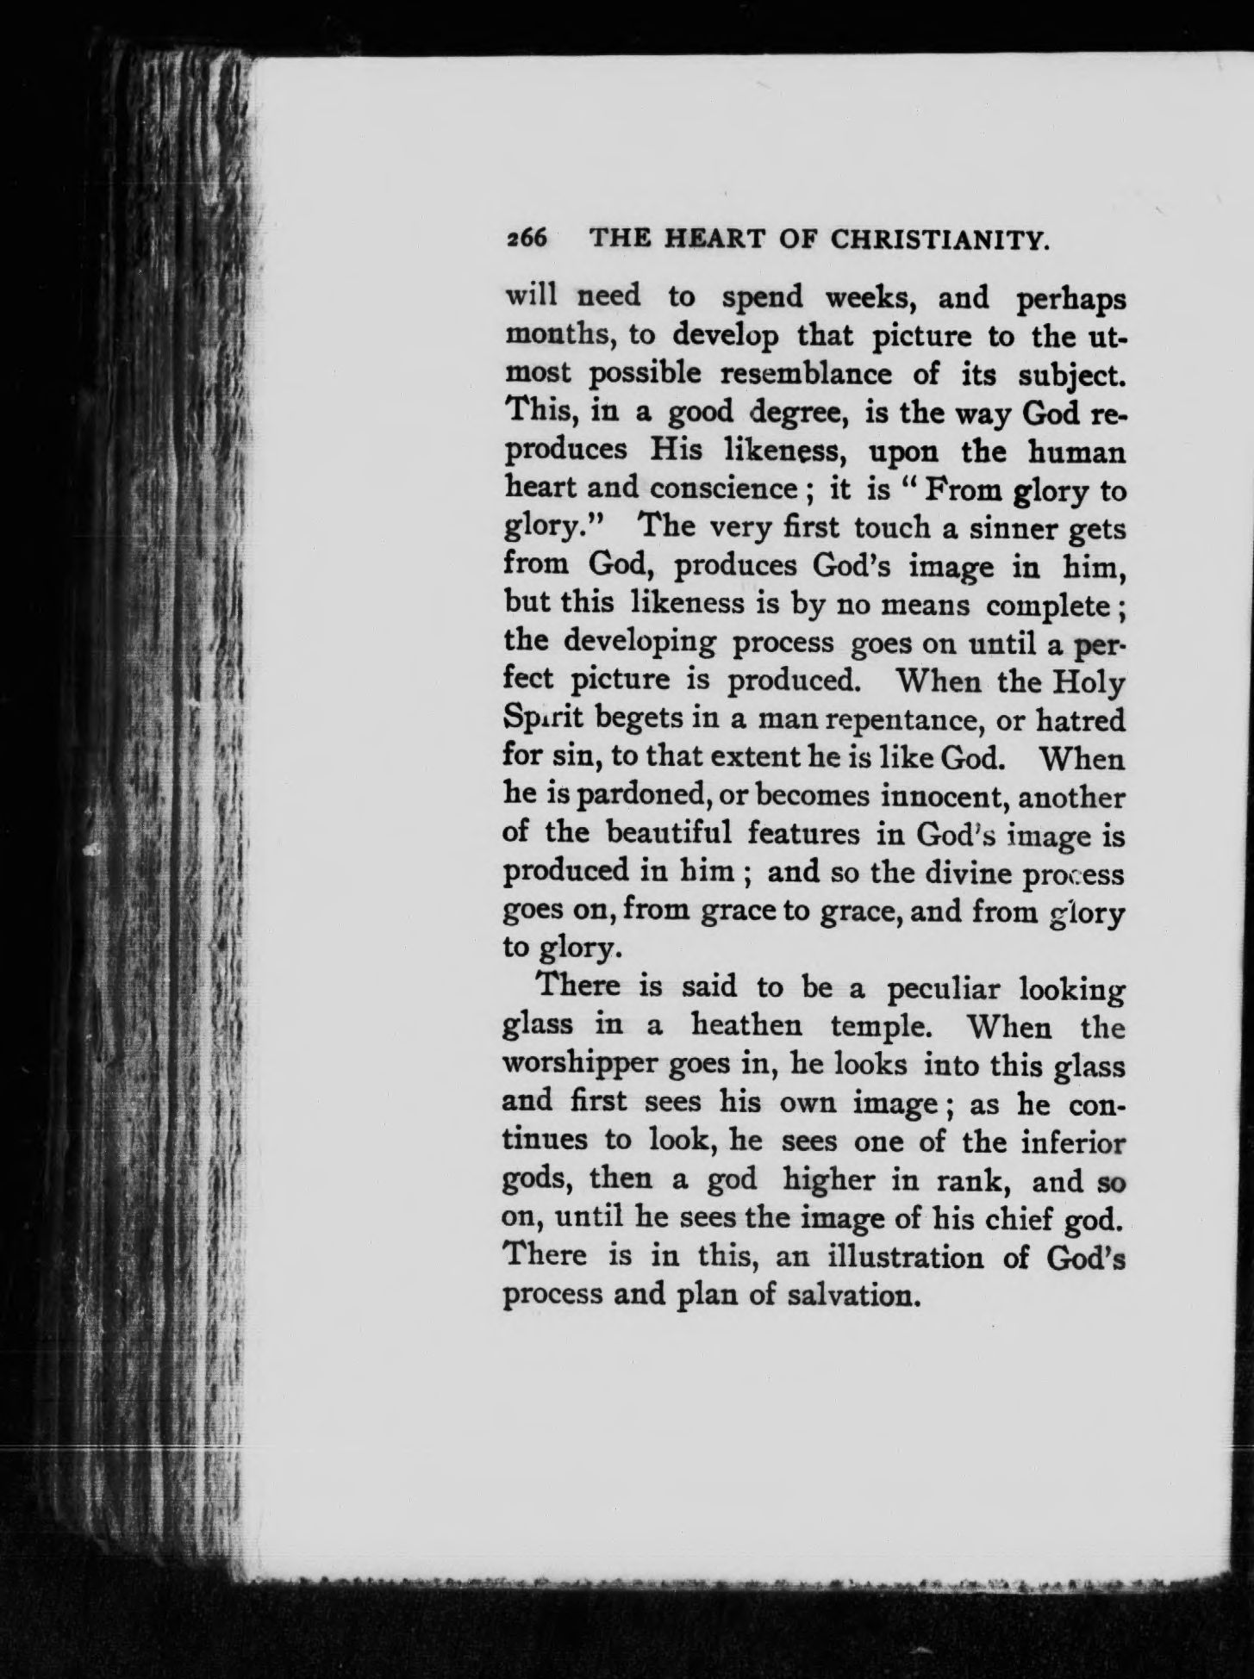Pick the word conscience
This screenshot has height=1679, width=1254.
coord(722,488)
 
